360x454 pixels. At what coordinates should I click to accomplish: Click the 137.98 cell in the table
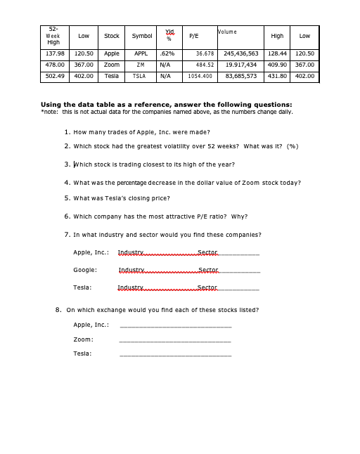[55, 53]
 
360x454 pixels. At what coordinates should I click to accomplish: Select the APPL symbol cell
[141, 53]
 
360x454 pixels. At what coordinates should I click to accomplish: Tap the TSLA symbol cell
[141, 76]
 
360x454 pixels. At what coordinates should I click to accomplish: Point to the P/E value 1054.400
[200, 76]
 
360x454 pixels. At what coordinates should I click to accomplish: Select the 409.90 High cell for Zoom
[277, 65]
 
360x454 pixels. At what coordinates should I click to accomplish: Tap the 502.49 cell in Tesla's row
[55, 76]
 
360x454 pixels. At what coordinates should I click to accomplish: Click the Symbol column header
[141, 36]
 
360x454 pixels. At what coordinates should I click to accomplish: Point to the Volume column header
[228, 32]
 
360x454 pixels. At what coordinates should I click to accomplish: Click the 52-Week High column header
[53, 36]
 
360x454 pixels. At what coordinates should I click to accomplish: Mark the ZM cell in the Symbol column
[141, 65]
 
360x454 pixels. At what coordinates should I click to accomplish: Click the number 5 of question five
[66, 198]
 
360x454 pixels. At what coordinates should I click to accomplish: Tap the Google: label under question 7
[85, 270]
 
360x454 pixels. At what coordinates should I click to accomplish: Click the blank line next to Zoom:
[175, 341]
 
